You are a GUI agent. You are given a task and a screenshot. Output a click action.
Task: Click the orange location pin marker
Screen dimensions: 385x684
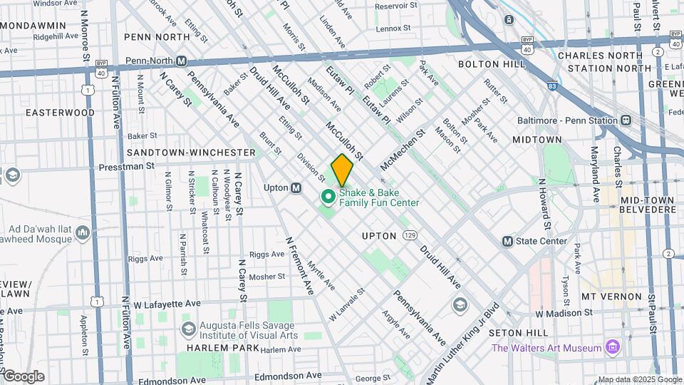pyautogui.click(x=342, y=170)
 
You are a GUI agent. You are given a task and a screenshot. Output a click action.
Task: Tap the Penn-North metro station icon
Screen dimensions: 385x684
pyautogui.click(x=182, y=61)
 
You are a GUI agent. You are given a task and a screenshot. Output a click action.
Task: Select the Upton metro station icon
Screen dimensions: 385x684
pyautogui.click(x=296, y=188)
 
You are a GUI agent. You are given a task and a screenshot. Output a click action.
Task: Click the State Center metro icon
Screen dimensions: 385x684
pyautogui.click(x=508, y=241)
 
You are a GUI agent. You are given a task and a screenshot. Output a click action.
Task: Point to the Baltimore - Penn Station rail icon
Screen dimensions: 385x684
pyautogui.click(x=626, y=120)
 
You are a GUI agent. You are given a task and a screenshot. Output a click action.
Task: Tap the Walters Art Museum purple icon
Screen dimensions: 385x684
pyautogui.click(x=611, y=347)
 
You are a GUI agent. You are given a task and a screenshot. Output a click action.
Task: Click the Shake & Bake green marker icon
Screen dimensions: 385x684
pyautogui.click(x=328, y=196)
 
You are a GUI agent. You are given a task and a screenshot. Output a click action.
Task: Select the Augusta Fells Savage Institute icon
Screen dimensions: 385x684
pyautogui.click(x=188, y=329)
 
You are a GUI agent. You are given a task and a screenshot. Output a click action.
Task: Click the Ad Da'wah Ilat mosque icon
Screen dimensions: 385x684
pyautogui.click(x=83, y=233)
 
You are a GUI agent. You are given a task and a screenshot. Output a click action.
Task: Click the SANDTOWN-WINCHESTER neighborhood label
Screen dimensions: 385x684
pyautogui.click(x=191, y=153)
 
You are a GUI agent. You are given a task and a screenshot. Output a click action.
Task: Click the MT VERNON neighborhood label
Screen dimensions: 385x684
pyautogui.click(x=607, y=296)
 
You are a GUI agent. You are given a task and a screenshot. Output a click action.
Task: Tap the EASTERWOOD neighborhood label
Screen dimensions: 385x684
pyautogui.click(x=60, y=113)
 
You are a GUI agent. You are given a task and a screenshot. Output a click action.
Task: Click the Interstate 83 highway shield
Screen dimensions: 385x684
pyautogui.click(x=552, y=86)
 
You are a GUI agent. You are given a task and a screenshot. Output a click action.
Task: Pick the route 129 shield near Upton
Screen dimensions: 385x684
pyautogui.click(x=408, y=235)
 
